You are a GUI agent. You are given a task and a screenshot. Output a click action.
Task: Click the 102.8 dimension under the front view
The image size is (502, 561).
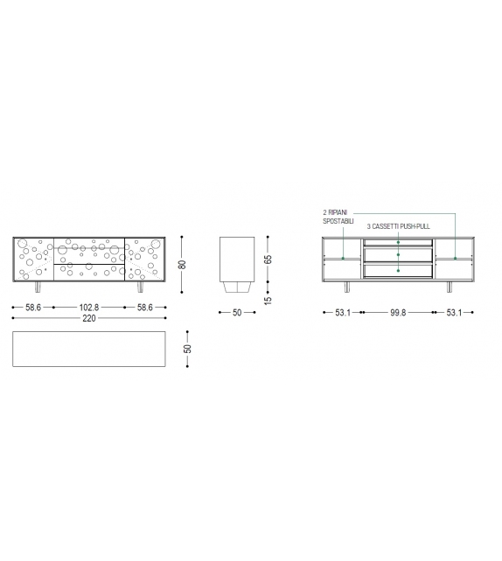tap(88, 308)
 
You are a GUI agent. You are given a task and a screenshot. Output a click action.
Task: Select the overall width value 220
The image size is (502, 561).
tap(88, 318)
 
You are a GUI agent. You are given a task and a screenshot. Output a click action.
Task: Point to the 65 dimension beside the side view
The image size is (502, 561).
tap(268, 259)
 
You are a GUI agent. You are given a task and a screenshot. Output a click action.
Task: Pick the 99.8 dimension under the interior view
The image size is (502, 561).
tap(398, 312)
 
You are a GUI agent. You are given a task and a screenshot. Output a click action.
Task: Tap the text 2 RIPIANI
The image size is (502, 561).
tap(337, 213)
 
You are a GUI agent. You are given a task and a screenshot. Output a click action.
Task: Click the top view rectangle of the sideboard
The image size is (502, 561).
tap(88, 350)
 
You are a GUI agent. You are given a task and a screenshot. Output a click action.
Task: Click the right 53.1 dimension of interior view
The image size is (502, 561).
tap(454, 312)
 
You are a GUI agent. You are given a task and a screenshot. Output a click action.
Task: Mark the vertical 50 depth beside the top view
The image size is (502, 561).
tap(187, 350)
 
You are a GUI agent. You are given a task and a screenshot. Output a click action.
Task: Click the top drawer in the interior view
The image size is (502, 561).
tap(398, 241)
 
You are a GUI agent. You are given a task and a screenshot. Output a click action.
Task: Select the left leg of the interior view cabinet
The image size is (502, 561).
tap(348, 287)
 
